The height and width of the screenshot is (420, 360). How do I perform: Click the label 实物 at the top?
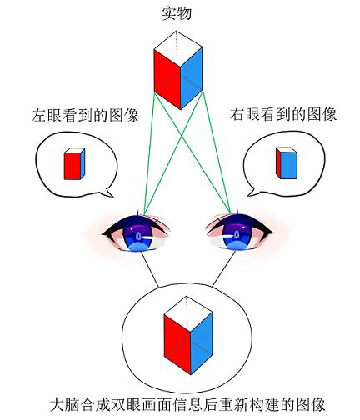177,14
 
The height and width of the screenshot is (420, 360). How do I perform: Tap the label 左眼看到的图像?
85,115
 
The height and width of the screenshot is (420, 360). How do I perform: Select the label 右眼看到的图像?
283,114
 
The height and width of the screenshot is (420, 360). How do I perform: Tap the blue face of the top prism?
192,77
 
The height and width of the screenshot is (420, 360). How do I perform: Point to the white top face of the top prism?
178,48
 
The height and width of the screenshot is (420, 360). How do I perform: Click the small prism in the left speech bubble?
74,163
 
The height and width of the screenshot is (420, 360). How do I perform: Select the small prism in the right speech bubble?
287,163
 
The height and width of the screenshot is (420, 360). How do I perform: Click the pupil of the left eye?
138,236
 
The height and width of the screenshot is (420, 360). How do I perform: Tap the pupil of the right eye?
237,235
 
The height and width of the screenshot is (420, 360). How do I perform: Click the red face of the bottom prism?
177,344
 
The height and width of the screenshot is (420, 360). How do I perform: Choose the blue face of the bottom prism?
202,343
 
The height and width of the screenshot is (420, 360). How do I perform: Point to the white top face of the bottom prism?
188,314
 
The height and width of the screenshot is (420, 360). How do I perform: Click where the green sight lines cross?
182,135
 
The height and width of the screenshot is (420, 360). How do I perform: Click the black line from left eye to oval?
150,269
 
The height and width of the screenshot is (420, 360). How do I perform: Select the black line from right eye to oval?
224,268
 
